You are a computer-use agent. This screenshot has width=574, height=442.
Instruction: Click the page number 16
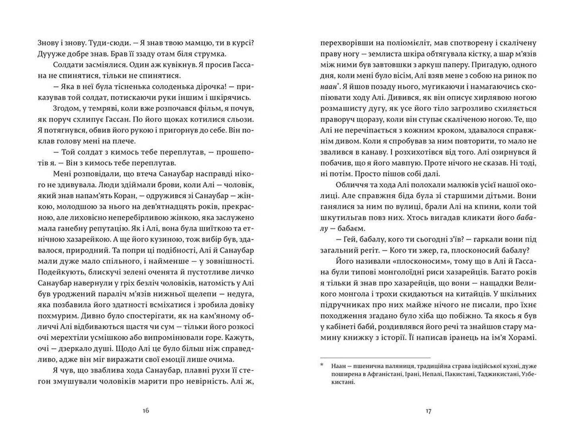click(x=145, y=411)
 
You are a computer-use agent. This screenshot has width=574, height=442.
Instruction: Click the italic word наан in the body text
click(x=328, y=86)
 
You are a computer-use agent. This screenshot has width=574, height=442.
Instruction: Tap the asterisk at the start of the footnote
click(x=322, y=365)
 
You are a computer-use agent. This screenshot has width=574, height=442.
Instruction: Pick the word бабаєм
click(x=350, y=229)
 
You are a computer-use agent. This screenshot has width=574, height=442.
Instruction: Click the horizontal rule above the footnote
click(x=375, y=358)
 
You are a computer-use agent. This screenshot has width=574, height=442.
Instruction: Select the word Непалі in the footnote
click(x=430, y=374)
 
